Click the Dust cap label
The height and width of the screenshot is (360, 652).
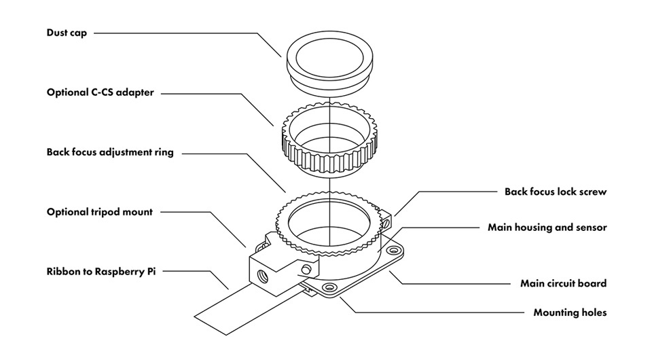(x=67, y=33)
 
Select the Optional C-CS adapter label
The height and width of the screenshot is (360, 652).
(x=100, y=92)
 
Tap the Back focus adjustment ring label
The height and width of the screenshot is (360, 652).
(x=110, y=152)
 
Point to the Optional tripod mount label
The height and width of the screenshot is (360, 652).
(x=100, y=212)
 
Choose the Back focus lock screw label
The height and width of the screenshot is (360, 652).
(x=555, y=192)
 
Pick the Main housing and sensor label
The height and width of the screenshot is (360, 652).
(x=547, y=228)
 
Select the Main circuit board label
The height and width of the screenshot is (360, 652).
(x=563, y=283)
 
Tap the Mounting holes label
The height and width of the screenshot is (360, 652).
(x=570, y=313)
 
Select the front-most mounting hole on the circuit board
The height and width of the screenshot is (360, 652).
(x=329, y=288)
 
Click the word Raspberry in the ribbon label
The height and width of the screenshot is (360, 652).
(x=120, y=272)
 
